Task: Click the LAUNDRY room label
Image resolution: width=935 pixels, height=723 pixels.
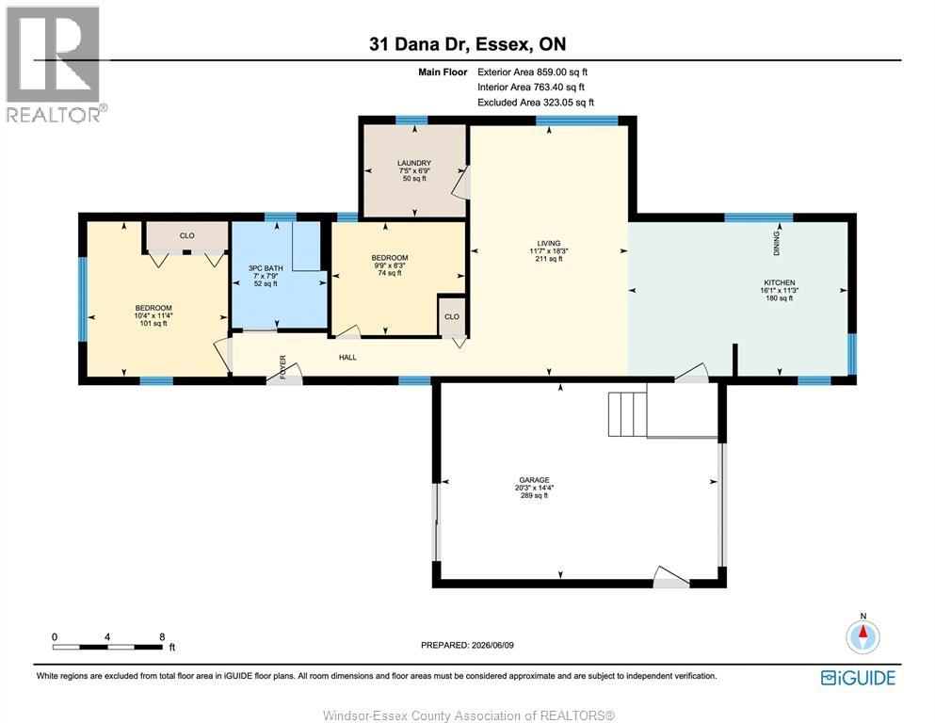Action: [414, 163]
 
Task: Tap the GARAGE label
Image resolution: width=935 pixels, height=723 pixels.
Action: [534, 480]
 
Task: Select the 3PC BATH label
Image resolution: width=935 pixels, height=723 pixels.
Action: [266, 268]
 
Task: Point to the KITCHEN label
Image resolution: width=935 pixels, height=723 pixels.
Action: [780, 282]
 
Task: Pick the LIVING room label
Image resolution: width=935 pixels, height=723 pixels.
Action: [549, 243]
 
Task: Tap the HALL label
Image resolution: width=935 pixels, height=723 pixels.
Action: [347, 357]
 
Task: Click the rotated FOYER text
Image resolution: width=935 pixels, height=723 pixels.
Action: [282, 366]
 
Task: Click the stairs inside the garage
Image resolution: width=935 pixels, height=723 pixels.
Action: [627, 414]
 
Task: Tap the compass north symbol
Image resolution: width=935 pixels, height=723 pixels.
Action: [862, 636]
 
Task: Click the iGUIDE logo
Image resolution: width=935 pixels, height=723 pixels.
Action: [858, 678]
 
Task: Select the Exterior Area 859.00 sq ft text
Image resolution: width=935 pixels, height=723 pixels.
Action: [533, 72]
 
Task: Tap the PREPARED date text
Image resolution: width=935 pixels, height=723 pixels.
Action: [467, 645]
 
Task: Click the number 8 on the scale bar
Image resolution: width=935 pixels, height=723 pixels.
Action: [162, 636]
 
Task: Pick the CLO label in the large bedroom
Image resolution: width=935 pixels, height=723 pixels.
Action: [187, 235]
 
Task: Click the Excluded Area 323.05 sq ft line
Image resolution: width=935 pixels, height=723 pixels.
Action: [536, 103]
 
